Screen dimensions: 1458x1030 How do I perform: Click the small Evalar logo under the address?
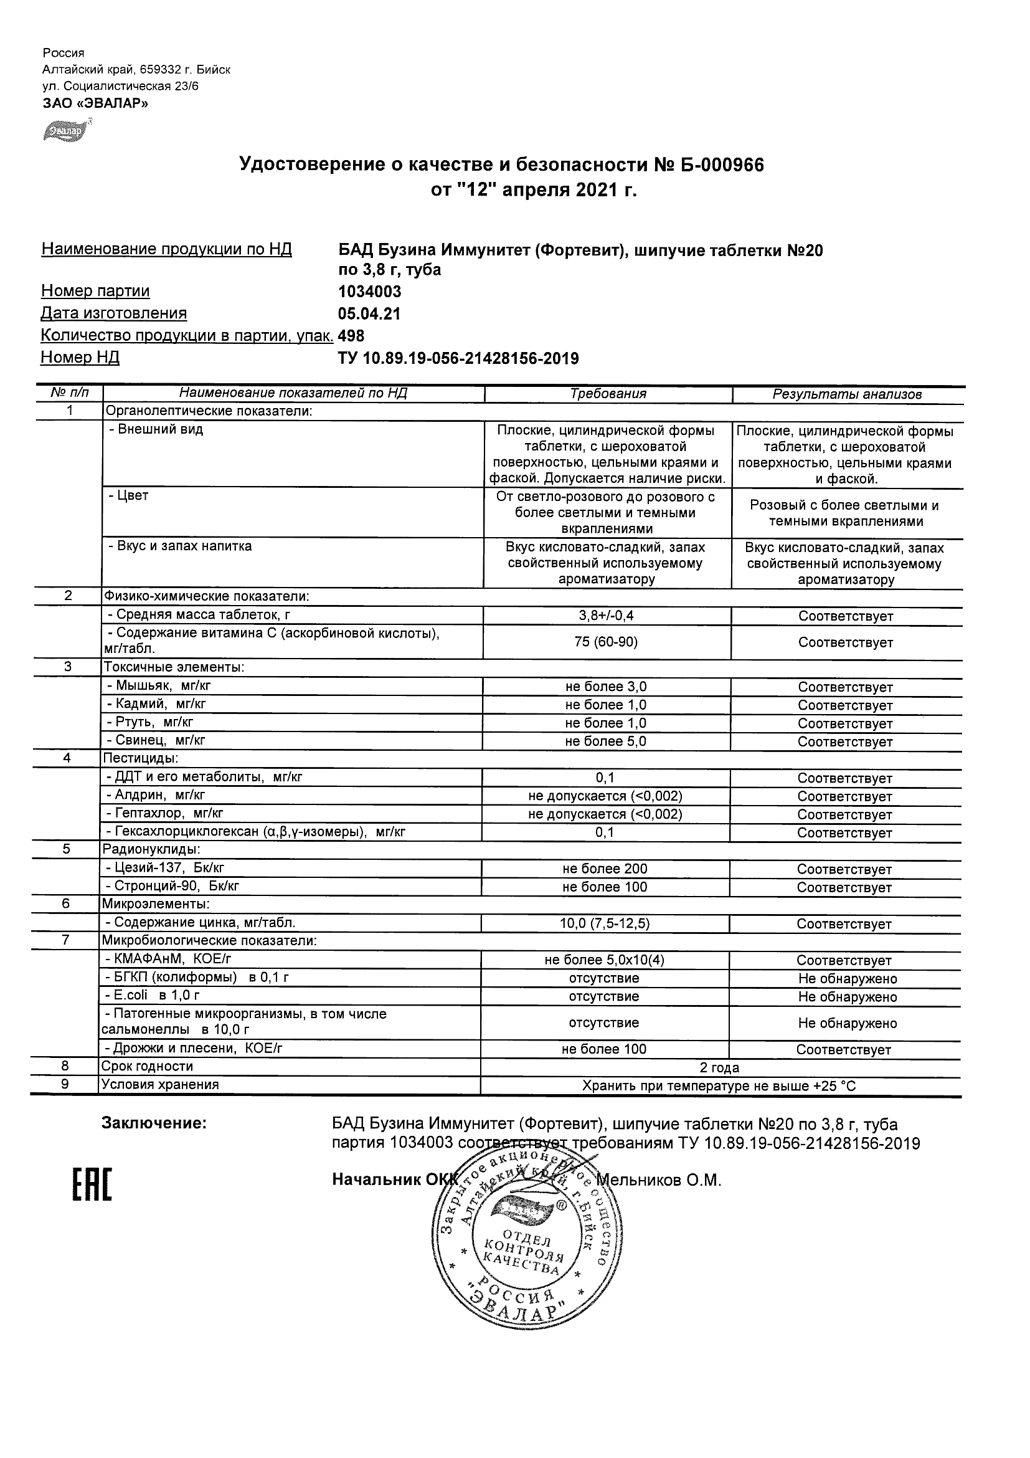[63, 130]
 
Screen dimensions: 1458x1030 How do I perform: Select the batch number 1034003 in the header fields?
[370, 292]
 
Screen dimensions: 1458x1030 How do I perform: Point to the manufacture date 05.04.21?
[369, 313]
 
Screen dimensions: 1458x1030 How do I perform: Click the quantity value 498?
[352, 335]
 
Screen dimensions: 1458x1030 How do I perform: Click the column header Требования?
[607, 394]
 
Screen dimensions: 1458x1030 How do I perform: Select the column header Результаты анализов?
[846, 394]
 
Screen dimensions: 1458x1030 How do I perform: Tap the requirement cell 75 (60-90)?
[606, 642]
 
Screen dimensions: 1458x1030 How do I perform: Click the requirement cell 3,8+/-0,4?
[606, 616]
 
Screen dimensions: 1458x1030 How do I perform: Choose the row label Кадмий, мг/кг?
[156, 703]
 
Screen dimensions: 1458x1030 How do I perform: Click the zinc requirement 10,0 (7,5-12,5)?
[604, 923]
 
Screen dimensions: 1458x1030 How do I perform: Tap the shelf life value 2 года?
[719, 1067]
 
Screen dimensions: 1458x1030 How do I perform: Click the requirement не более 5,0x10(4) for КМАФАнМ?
[604, 960]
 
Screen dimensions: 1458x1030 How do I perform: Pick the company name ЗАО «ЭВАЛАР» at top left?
[95, 103]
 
